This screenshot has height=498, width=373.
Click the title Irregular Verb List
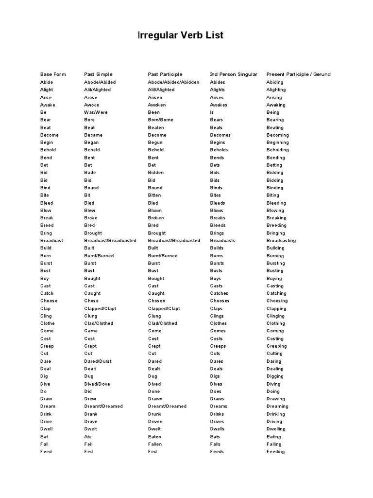(x=181, y=36)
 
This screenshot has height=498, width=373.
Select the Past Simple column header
(x=98, y=74)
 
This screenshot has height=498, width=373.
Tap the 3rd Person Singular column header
(x=234, y=74)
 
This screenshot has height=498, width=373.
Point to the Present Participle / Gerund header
(x=298, y=74)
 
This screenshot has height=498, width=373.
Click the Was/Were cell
(x=96, y=112)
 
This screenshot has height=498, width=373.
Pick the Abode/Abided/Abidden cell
(x=173, y=82)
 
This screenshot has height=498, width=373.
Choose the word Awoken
(x=157, y=105)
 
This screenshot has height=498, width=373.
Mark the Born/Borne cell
(x=160, y=120)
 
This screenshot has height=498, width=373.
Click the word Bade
(x=90, y=173)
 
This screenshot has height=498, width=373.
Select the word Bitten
(x=155, y=195)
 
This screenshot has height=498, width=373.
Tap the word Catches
(x=219, y=293)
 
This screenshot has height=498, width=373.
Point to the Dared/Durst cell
(x=98, y=361)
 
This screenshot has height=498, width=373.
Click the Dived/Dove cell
(x=97, y=384)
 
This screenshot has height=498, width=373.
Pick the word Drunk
(x=155, y=414)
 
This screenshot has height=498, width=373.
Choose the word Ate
(x=88, y=437)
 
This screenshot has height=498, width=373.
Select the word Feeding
(x=275, y=452)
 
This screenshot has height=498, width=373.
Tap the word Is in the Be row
(x=212, y=112)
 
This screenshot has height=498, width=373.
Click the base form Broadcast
(x=51, y=240)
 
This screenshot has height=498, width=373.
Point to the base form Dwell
(x=47, y=429)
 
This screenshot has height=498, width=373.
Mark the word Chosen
(x=156, y=301)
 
